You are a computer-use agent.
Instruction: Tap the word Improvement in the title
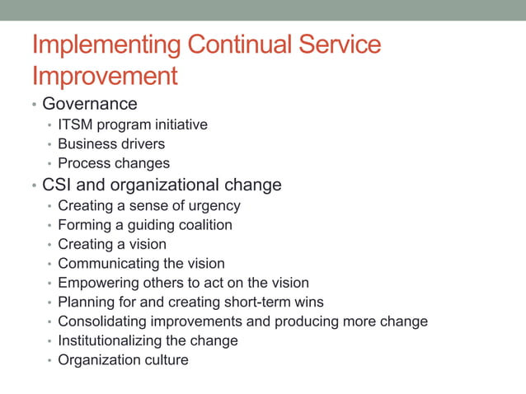(x=105, y=76)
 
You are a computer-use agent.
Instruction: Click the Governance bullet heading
(x=89, y=104)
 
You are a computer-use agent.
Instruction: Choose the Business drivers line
(x=110, y=144)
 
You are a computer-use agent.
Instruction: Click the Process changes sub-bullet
(x=113, y=163)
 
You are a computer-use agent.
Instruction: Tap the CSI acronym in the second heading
(x=58, y=185)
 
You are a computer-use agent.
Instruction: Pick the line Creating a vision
(x=111, y=244)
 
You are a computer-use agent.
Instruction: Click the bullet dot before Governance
(x=34, y=106)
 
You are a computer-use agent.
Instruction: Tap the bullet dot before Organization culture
(x=49, y=361)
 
